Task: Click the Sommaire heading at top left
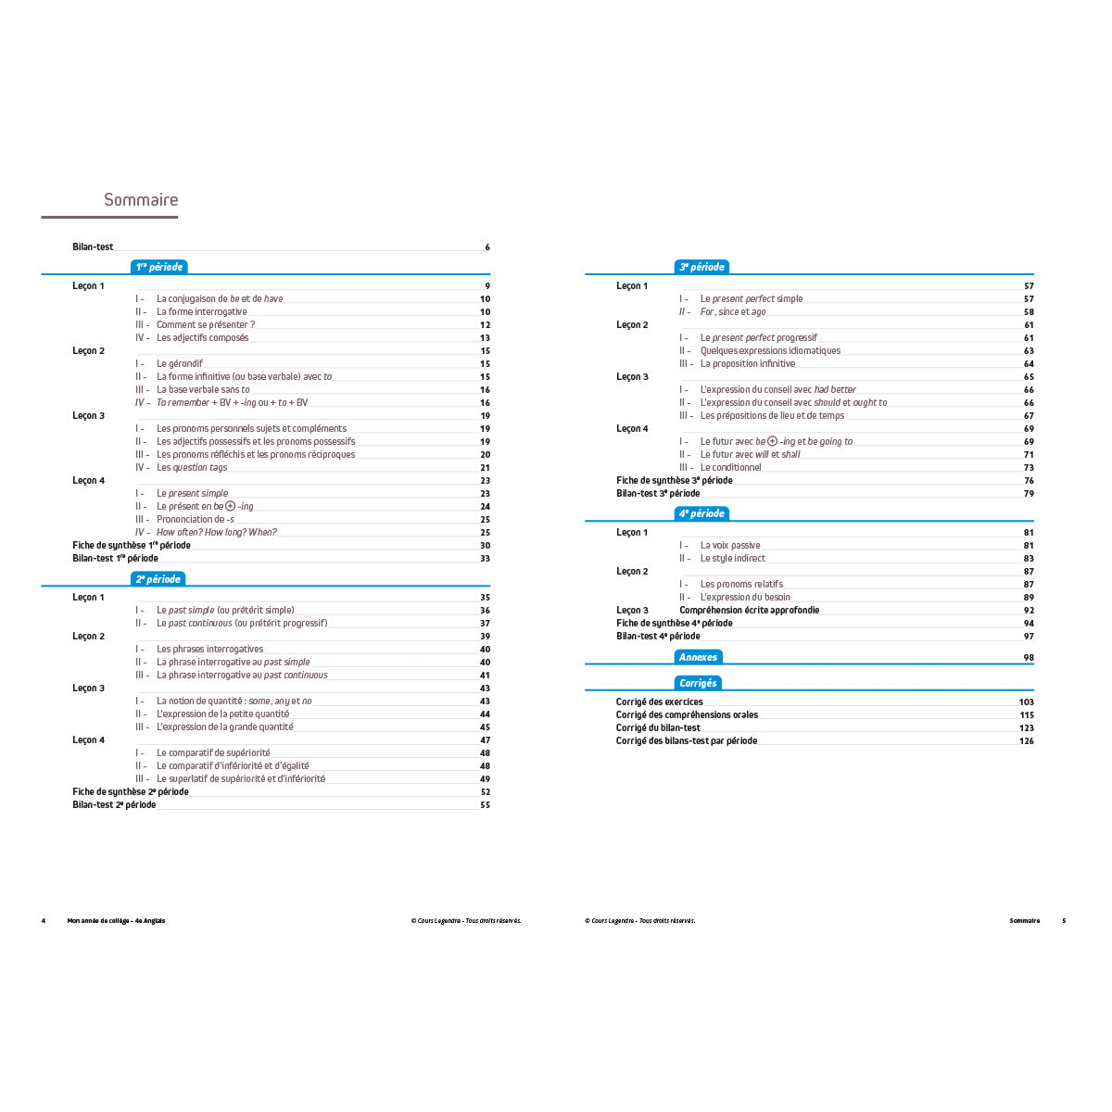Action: [x=141, y=200]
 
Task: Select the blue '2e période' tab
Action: [x=158, y=579]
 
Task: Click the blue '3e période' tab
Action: [x=701, y=267]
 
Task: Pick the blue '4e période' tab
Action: [x=701, y=513]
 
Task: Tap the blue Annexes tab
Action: [x=698, y=657]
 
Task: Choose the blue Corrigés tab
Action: [x=698, y=683]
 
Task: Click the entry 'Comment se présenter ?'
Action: [x=206, y=325]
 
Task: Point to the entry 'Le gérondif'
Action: [x=180, y=364]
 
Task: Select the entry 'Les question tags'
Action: [x=192, y=468]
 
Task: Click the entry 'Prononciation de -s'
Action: [x=196, y=520]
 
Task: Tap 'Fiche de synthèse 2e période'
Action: [x=131, y=792]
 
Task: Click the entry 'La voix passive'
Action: [x=730, y=546]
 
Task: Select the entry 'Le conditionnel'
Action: [x=731, y=468]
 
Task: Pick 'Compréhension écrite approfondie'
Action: [x=750, y=611]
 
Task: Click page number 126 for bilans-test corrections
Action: [x=1026, y=741]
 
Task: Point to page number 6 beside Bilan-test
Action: [x=487, y=247]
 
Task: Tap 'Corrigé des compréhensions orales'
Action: [x=687, y=715]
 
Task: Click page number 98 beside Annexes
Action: [x=1028, y=658]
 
